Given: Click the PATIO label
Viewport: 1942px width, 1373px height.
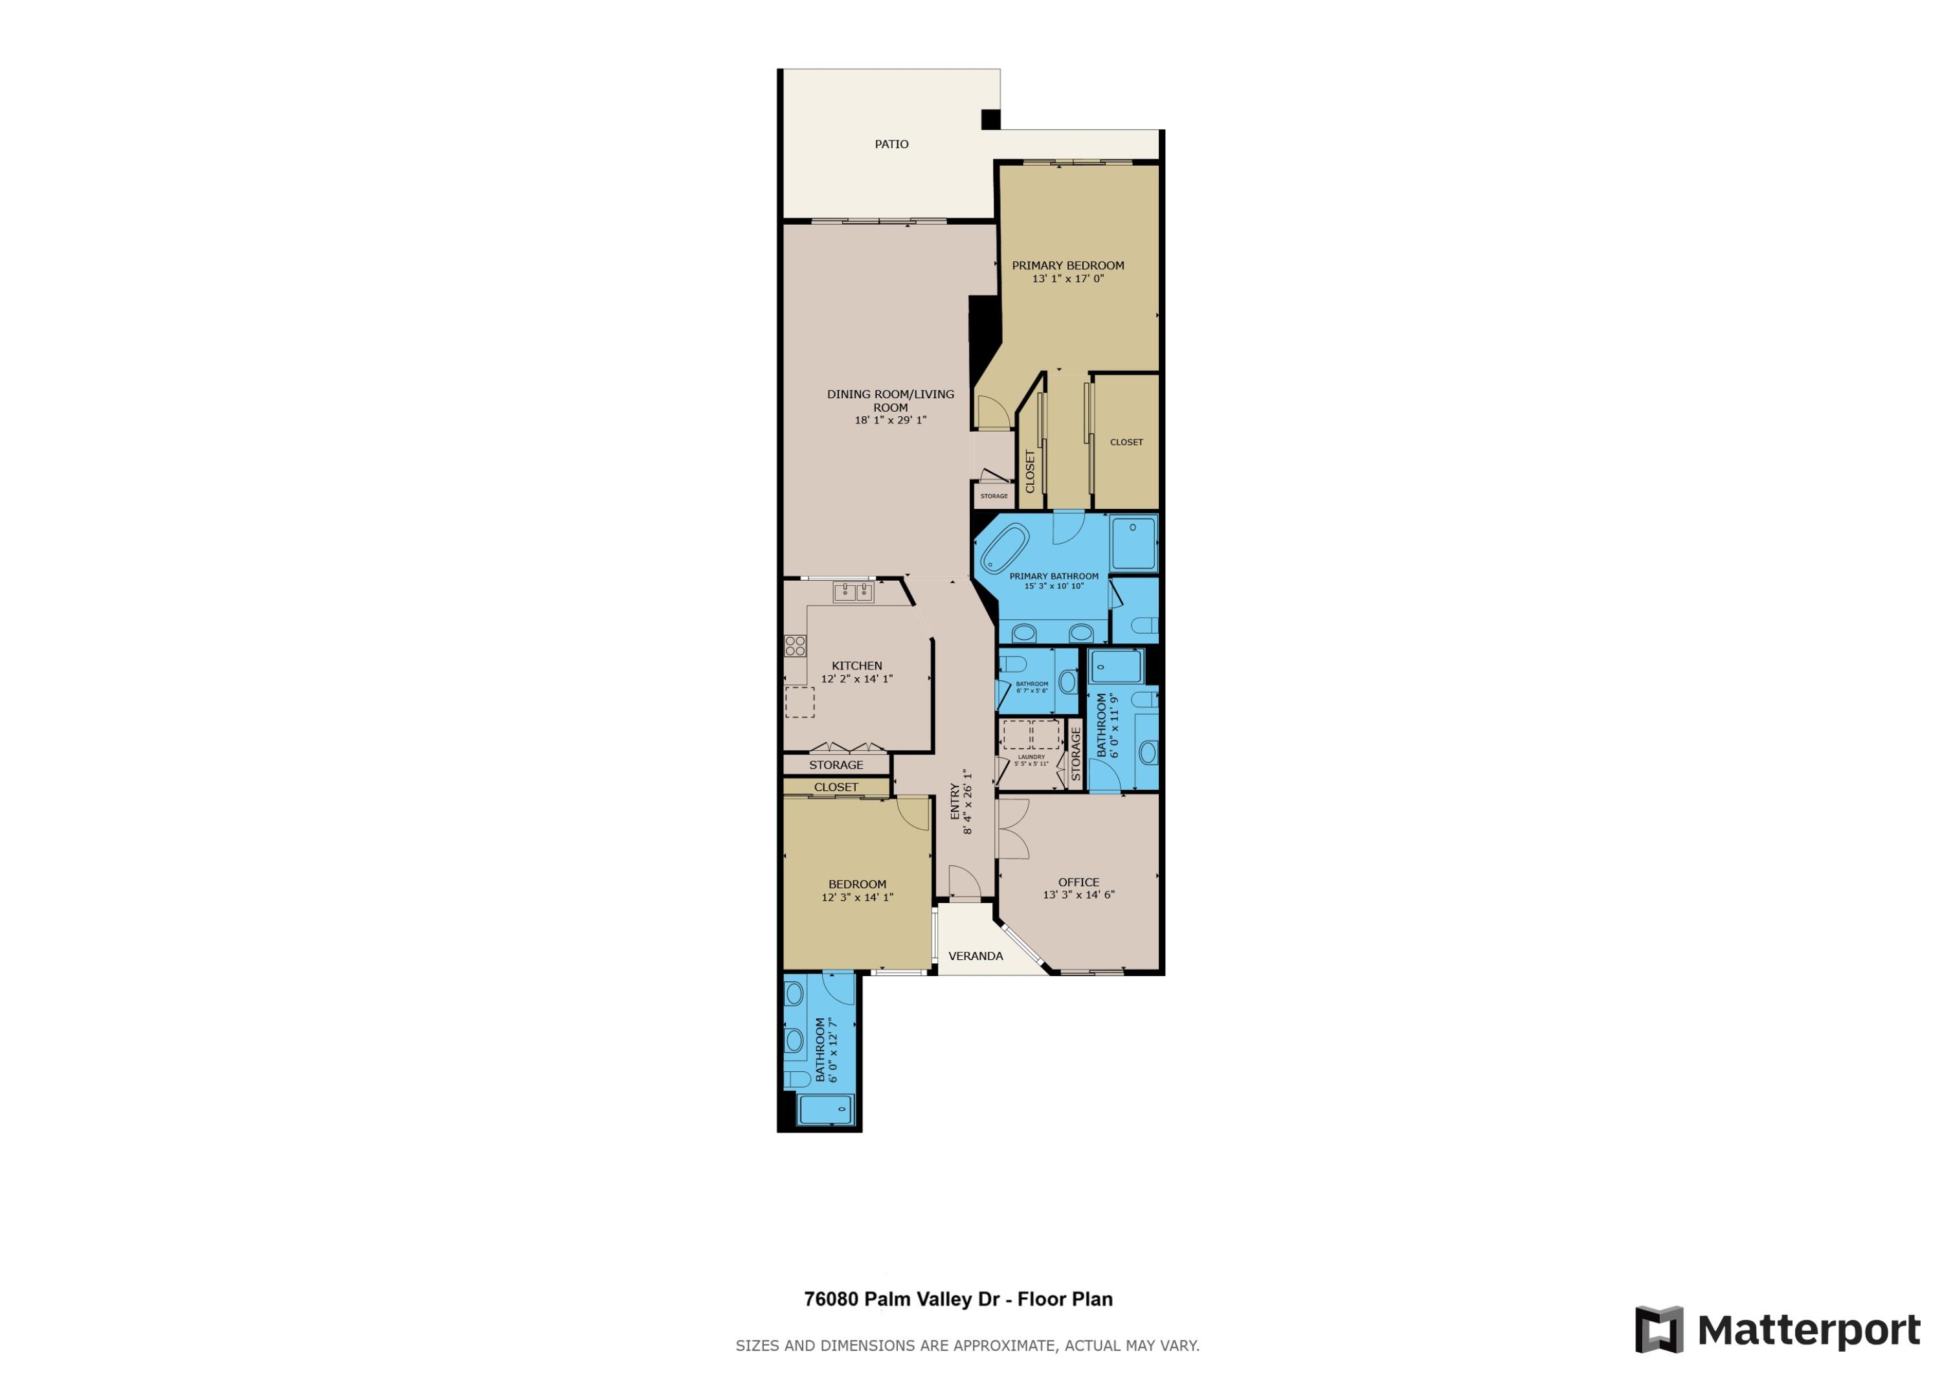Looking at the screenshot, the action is tap(891, 144).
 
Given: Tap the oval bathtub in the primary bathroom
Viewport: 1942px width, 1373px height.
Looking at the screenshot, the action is tap(1004, 548).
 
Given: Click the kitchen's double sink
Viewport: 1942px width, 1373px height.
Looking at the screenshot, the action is tap(853, 592).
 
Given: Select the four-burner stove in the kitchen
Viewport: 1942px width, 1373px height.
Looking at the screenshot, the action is tap(795, 646).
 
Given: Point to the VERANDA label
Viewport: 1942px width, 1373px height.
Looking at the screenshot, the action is tap(976, 956).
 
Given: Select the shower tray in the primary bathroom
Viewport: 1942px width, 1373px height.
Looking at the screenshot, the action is tap(1133, 543).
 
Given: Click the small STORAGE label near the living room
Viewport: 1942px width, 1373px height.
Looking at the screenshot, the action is tap(994, 496).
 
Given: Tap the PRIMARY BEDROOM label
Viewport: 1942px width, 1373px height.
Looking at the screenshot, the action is tap(1068, 265).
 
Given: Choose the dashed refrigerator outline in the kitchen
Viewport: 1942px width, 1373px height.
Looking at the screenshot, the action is tap(799, 702).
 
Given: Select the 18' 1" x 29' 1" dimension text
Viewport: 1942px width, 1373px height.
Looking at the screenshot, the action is tap(891, 419).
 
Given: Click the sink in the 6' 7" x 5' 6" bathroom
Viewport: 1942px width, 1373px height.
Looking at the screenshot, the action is tap(1067, 681).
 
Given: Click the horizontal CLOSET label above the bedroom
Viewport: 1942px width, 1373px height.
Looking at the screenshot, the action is tap(836, 787).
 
